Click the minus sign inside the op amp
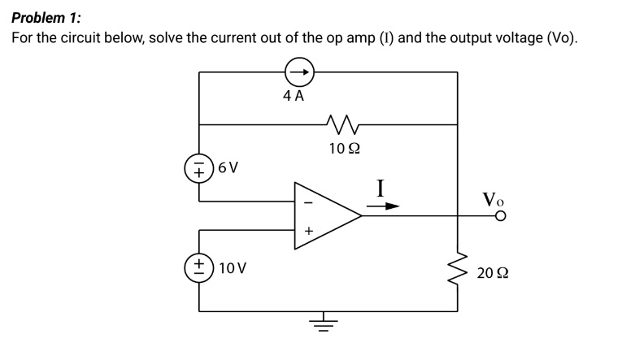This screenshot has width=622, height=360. point(307,203)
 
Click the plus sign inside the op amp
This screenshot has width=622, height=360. point(308,231)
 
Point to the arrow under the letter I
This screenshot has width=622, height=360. point(382,206)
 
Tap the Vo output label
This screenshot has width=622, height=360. point(493,197)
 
